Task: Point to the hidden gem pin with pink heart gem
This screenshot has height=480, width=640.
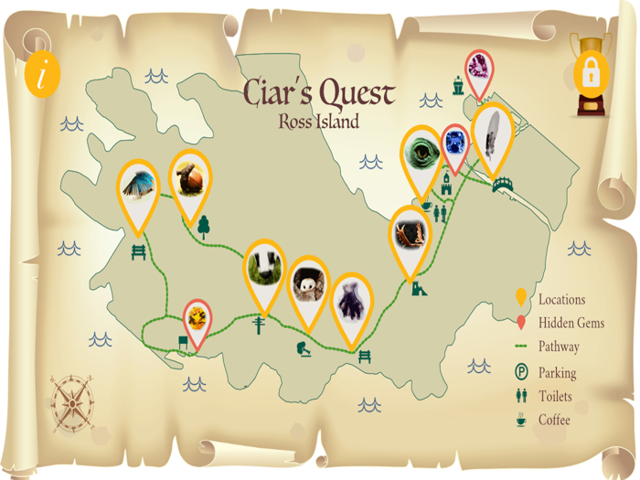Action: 478,67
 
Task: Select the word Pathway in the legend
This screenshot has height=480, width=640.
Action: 558,347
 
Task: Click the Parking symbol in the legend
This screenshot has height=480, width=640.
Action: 520,372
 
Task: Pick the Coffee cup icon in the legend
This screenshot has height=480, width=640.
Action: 520,420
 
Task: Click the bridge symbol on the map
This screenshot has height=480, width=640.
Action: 502,186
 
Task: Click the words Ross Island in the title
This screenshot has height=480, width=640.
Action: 319,120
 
